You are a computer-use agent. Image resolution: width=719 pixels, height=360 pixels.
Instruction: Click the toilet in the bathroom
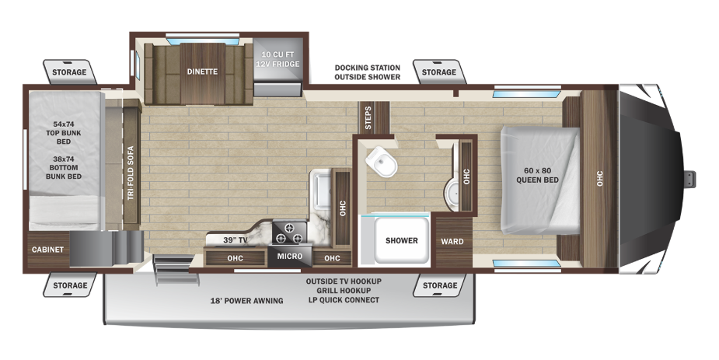coord(382,161)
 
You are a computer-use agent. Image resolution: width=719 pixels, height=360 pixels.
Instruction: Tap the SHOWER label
coord(402,240)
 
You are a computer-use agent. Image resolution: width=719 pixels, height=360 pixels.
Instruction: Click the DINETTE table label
coord(202,72)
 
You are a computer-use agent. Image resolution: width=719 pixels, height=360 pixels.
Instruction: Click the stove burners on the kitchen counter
coord(291,231)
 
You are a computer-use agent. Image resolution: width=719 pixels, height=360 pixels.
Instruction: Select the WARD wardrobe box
coord(452,241)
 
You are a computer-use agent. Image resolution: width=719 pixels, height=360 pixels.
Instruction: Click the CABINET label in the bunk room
coord(47,250)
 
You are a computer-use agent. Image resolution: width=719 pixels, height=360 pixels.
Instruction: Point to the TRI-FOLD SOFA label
coord(131,173)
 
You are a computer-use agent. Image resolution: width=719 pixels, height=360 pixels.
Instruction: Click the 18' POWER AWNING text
coord(246,300)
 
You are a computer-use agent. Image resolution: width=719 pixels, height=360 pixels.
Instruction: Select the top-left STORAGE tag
coord(69,72)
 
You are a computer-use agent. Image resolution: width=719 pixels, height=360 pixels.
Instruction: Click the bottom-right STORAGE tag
coord(439,285)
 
